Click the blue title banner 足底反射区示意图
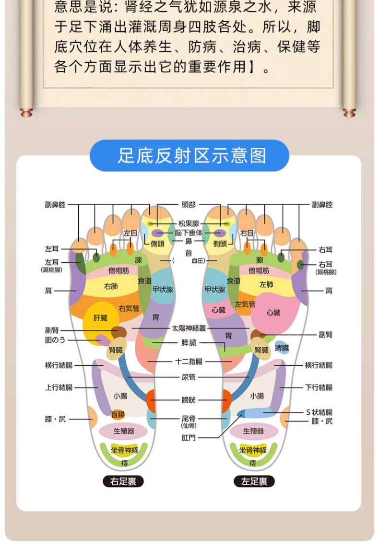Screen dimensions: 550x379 tap(189, 155)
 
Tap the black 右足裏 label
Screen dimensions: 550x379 tap(123, 481)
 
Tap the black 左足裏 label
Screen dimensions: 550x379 tap(254, 481)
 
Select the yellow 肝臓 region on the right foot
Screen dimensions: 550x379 tap(100, 318)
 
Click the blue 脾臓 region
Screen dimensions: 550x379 tap(282, 348)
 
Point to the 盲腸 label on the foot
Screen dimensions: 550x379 tap(118, 414)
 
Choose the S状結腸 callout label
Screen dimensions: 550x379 tap(319, 412)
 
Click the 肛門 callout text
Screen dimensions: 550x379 tap(189, 437)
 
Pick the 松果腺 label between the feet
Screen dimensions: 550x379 tap(189, 223)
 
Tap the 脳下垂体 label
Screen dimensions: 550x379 tap(189, 233)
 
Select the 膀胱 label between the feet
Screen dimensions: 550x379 tap(189, 399)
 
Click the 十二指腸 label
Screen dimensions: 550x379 tap(189, 362)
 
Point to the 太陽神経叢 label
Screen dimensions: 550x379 tap(189, 329)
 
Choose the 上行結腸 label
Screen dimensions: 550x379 tap(59, 387)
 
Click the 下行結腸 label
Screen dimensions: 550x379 tap(319, 387)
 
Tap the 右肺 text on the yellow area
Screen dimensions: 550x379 tap(111, 286)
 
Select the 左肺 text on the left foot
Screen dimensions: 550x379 tap(266, 284)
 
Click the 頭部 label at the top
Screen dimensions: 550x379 tap(189, 205)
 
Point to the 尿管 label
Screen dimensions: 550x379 tap(189, 377)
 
